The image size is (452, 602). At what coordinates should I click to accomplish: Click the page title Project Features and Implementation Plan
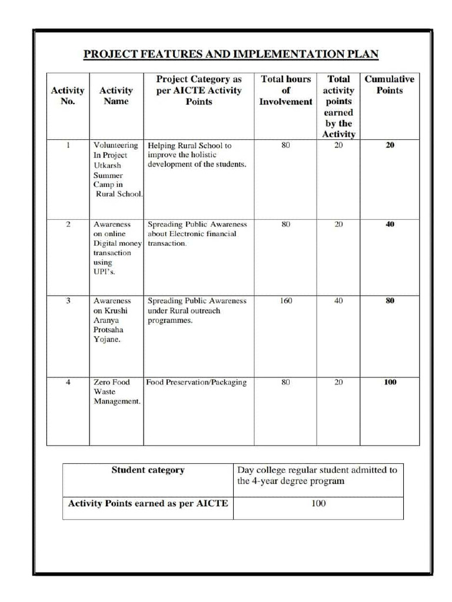(x=231, y=55)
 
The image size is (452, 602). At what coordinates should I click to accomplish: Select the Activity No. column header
(x=68, y=96)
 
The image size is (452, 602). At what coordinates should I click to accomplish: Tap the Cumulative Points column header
(x=389, y=85)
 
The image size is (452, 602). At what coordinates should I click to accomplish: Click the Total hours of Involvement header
(x=285, y=90)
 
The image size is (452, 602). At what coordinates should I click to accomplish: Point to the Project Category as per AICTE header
(x=199, y=90)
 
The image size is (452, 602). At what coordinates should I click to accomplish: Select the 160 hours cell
(x=285, y=300)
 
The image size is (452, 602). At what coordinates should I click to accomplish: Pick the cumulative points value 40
(x=390, y=224)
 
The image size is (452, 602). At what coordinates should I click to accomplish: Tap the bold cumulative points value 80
(x=390, y=300)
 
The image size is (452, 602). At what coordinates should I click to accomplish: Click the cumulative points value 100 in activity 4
(x=390, y=382)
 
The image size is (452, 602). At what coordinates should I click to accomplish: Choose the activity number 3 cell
(x=68, y=300)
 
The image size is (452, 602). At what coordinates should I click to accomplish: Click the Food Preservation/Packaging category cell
(x=196, y=382)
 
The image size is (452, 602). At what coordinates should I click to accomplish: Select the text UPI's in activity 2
(x=104, y=272)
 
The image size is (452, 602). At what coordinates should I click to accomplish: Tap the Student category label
(x=148, y=470)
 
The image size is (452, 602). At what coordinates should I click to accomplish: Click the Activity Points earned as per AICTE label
(x=148, y=504)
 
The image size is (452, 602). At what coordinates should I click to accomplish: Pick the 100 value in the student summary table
(x=318, y=504)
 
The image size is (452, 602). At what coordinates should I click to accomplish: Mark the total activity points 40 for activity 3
(x=338, y=300)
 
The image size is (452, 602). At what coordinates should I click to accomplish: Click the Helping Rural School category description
(x=196, y=155)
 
